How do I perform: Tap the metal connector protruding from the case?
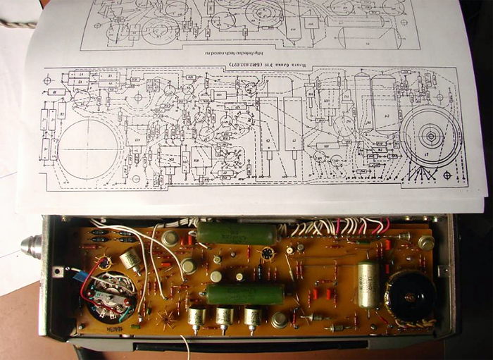point(30,247)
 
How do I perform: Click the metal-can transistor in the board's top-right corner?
point(425,242)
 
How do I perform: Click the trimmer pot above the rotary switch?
point(130,259)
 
